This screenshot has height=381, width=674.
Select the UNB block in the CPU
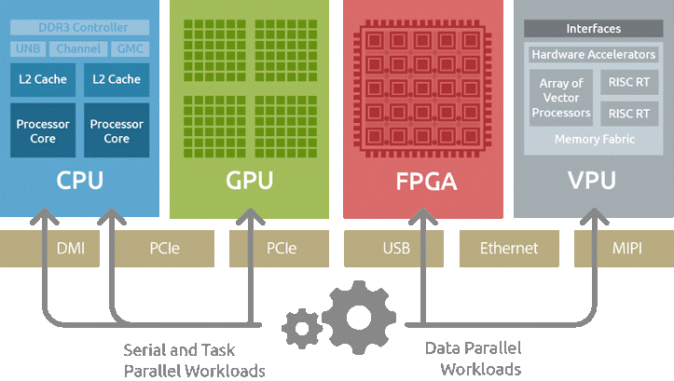coord(27,48)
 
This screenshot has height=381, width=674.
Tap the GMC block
coord(130,48)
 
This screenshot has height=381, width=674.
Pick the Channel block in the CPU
coord(77,48)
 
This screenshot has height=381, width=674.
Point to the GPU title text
coord(249,179)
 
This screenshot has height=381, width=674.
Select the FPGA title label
coord(422,180)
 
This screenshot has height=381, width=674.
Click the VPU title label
coord(592,179)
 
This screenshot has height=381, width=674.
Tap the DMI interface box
coord(71,249)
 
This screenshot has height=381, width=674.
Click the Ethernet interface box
coord(508,249)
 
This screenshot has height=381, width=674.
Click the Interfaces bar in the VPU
coord(593,29)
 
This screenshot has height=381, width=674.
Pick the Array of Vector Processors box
coord(560,98)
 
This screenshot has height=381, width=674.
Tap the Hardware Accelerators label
coord(593,55)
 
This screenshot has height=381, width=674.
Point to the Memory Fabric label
coord(594,139)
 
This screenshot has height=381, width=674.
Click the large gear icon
coord(359,310)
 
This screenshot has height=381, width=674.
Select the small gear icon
coord(303,326)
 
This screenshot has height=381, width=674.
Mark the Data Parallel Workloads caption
coord(467,359)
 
